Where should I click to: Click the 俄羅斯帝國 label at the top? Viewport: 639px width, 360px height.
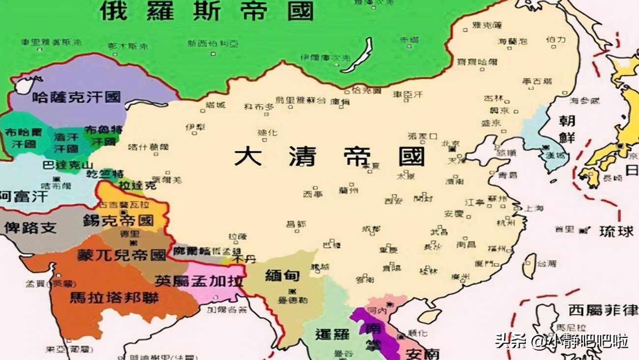coord(206,11)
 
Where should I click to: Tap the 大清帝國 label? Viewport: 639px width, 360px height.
coord(329,156)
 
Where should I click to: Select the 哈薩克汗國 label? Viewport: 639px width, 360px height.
coord(76,97)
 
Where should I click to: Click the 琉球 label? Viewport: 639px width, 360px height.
coord(616,231)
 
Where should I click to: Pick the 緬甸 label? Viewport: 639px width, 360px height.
coord(282,275)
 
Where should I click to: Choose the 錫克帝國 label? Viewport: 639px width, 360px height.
coord(125,221)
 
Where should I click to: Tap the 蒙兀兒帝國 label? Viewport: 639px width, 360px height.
coord(121,255)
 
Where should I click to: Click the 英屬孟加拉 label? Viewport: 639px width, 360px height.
coord(199,280)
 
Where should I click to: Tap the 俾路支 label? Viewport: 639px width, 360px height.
coord(30,228)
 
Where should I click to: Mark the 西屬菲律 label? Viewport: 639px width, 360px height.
coord(603,310)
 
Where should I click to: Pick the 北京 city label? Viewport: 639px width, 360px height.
coord(450,144)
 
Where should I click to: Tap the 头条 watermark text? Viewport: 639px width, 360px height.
coord(506,340)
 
